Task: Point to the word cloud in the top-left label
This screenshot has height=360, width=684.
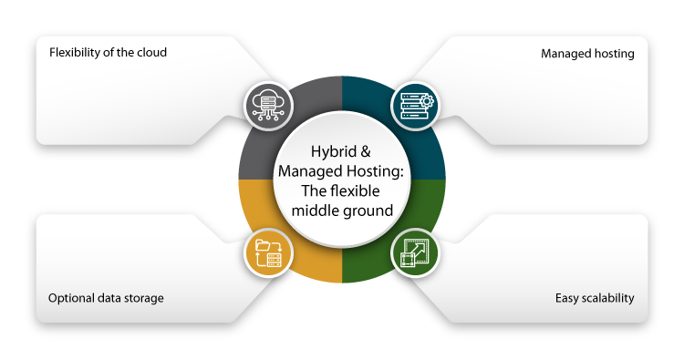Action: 151,52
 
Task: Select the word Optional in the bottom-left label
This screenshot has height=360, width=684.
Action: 71,298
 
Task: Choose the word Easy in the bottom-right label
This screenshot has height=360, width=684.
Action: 568,298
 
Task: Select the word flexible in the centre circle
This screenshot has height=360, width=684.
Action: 358,191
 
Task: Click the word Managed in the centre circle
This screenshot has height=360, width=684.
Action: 311,172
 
